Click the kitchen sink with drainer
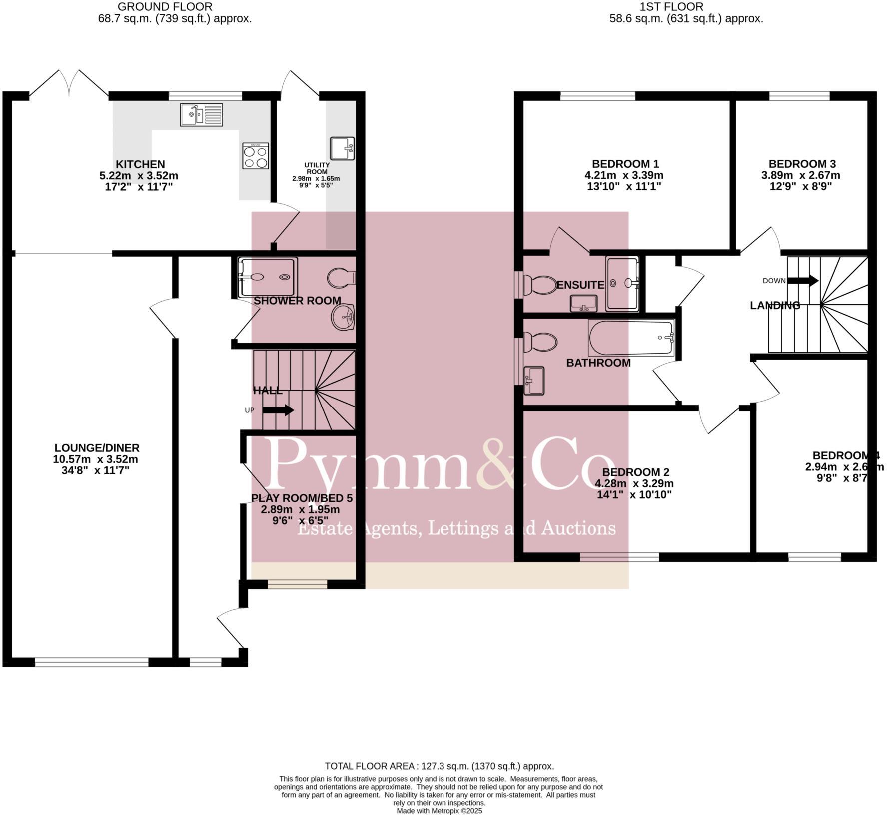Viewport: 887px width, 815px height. [202, 115]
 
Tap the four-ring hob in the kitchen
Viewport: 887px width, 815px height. [255, 156]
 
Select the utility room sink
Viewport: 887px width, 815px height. [342, 148]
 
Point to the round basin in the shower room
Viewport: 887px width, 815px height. [343, 317]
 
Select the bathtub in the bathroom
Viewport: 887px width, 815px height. [631, 338]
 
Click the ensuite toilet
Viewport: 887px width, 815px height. [539, 285]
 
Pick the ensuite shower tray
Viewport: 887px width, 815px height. [622, 283]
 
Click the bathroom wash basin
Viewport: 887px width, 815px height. [534, 381]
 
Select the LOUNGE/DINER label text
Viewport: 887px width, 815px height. [97, 448]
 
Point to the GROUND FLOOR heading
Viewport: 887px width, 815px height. [165, 7]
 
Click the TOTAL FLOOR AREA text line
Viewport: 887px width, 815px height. [439, 766]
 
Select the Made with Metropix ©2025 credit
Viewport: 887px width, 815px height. [439, 811]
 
